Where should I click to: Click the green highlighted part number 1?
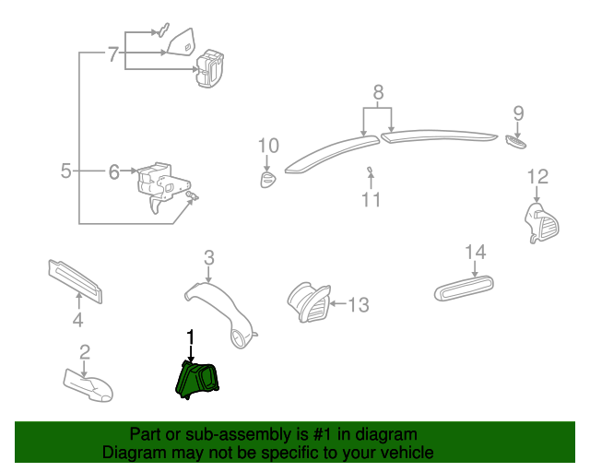197,380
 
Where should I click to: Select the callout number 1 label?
191,336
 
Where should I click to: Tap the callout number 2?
85,351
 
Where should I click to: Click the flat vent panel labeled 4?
75,281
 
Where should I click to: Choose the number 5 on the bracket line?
65,171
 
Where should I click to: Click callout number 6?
114,171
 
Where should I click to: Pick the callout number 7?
113,54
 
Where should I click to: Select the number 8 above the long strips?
378,92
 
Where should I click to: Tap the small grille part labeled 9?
516,143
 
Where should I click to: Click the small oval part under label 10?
268,180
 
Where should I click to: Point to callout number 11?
371,199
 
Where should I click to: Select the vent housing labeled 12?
542,223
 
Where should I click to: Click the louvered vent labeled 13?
310,302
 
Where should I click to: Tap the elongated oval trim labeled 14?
464,289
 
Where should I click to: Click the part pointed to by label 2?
88,385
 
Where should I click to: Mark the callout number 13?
359,304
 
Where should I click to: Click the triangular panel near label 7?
183,42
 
